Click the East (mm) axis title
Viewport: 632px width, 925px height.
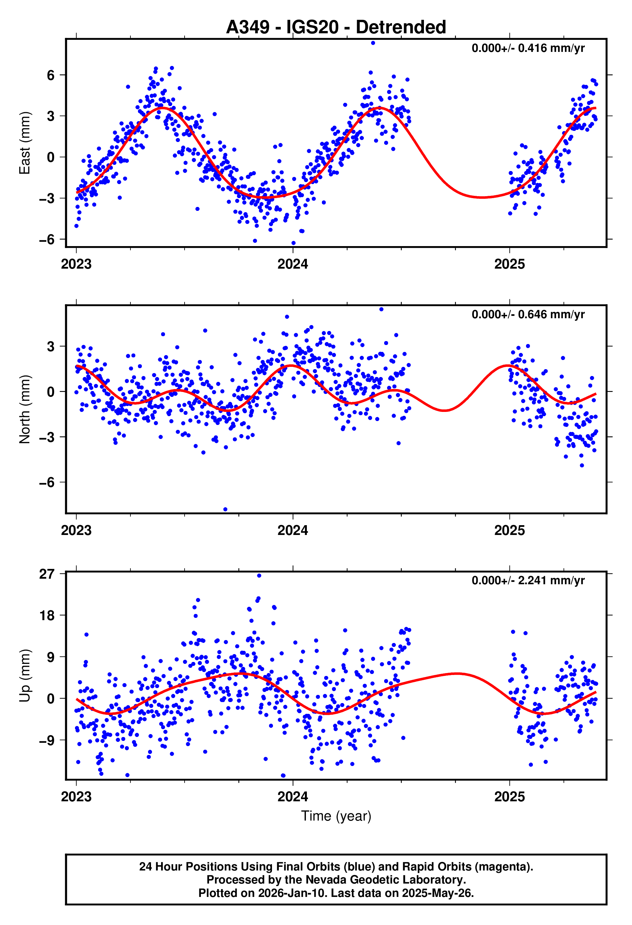pyautogui.click(x=25, y=143)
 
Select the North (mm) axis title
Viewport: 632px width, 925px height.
pyautogui.click(x=25, y=409)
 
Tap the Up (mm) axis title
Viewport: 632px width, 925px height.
pyautogui.click(x=25, y=675)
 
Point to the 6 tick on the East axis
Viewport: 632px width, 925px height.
pyautogui.click(x=51, y=75)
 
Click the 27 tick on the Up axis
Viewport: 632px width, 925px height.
pyautogui.click(x=47, y=574)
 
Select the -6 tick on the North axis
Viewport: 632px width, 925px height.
pyautogui.click(x=47, y=482)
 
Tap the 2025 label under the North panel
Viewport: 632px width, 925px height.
pyautogui.click(x=509, y=530)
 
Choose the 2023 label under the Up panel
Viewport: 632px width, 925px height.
pyautogui.click(x=76, y=796)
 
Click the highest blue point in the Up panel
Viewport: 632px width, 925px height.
pyautogui.click(x=259, y=575)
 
